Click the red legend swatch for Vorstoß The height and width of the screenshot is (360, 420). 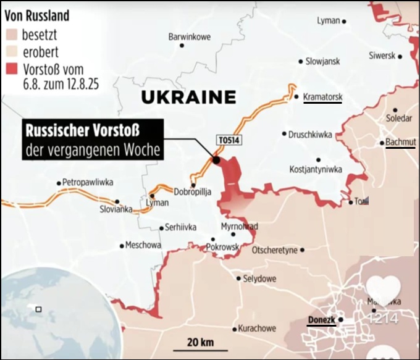point(12,70)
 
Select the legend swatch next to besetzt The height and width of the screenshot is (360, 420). point(12,35)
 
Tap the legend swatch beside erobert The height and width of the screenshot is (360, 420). point(12,52)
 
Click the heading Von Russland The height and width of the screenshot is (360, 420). point(36,15)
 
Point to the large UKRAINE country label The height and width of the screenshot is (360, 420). point(188,97)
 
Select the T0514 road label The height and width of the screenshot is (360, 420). point(228,141)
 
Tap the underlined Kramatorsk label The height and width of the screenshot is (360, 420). point(322,97)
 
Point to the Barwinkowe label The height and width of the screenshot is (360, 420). point(189,37)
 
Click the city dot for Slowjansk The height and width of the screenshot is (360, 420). point(301,61)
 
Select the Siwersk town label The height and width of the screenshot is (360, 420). point(382,56)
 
